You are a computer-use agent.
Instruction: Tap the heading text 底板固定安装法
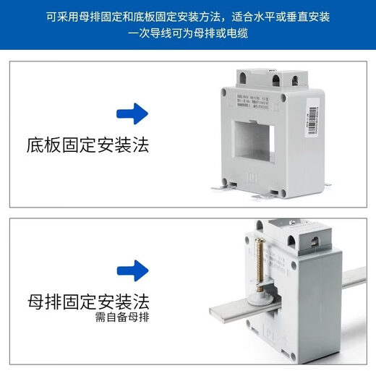[x=88, y=145]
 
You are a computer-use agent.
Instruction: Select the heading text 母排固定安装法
[x=88, y=300]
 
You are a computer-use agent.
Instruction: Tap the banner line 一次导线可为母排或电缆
[x=188, y=33]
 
